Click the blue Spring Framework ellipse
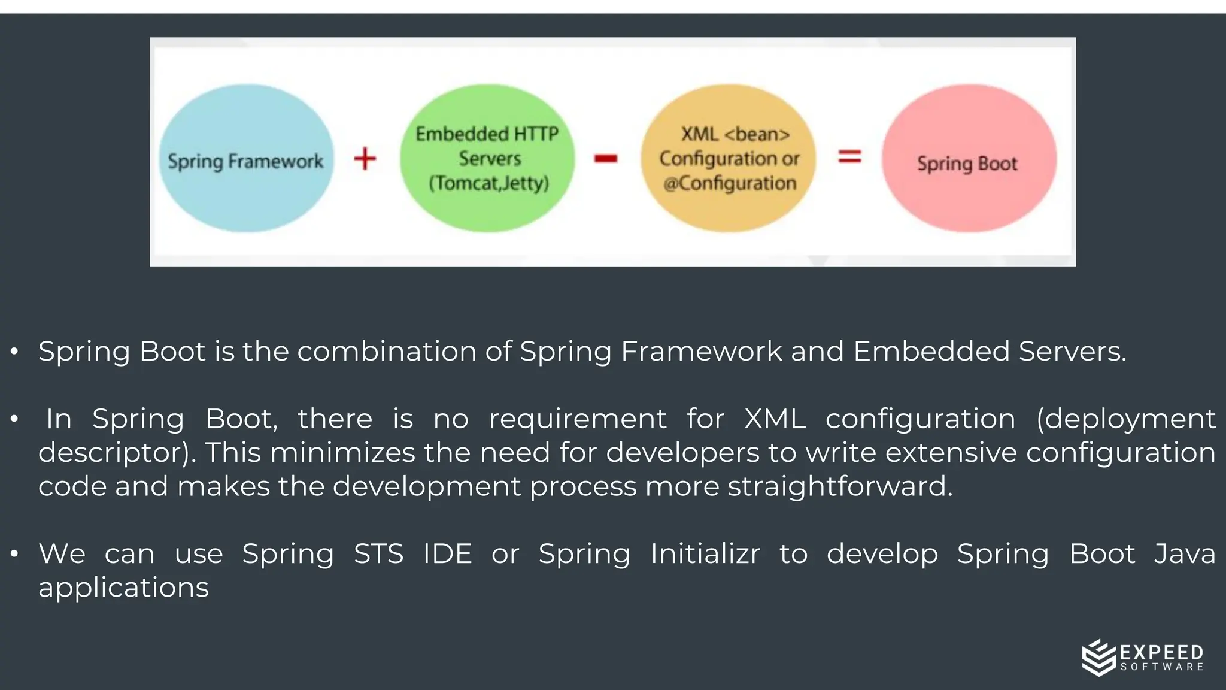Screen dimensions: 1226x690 [x=246, y=158]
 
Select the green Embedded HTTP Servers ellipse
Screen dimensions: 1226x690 [x=487, y=158]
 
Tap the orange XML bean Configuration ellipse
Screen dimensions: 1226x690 [x=729, y=158]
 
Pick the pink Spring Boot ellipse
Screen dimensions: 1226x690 [x=969, y=158]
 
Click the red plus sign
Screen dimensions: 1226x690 [x=365, y=159]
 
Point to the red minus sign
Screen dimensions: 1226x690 [x=605, y=158]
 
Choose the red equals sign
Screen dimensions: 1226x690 [x=849, y=157]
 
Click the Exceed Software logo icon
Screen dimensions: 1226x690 [x=1098, y=657]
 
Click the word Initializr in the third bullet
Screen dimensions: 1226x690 [x=705, y=553]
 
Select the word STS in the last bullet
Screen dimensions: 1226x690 [x=378, y=553]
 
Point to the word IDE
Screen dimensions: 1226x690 [x=447, y=553]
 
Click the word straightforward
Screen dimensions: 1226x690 [x=839, y=486]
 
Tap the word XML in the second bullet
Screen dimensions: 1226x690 [x=774, y=419]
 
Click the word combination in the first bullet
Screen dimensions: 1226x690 [x=405, y=351]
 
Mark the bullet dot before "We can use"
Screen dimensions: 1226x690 [x=14, y=554]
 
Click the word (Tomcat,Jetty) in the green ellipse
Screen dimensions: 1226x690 [x=488, y=183]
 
